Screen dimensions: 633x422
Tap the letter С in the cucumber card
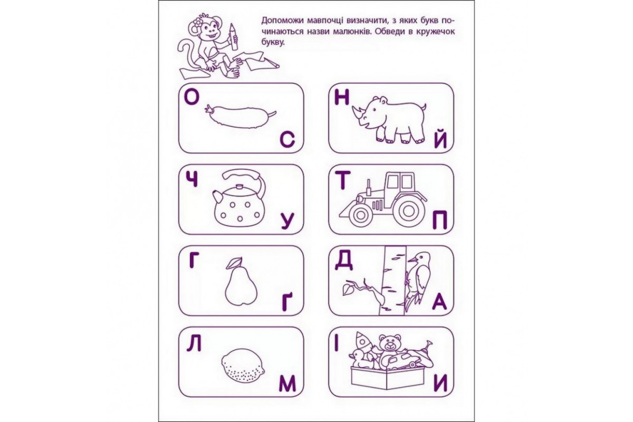[x=287, y=140]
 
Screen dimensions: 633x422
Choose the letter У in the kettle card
[x=288, y=222]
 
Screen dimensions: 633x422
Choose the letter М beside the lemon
[x=287, y=384]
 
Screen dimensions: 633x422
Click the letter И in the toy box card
[x=440, y=384]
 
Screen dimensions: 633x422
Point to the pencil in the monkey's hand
[x=233, y=37]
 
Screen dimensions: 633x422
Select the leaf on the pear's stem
[x=234, y=263]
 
